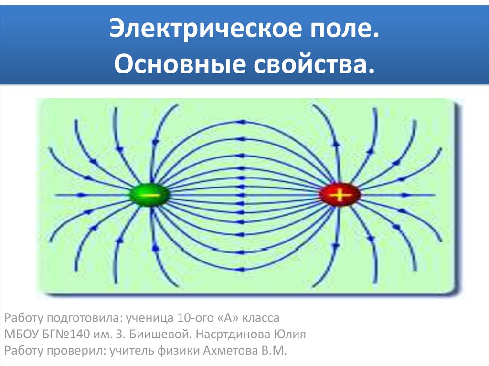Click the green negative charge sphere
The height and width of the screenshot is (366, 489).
click(x=149, y=195)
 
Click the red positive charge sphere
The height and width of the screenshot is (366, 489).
click(x=340, y=195)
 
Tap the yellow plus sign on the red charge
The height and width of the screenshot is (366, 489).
click(x=340, y=195)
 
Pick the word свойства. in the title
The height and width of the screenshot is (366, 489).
click(x=314, y=64)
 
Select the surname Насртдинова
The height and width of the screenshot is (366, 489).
click(x=233, y=335)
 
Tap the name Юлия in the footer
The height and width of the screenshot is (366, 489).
click(x=290, y=334)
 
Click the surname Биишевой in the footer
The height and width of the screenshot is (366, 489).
click(x=158, y=334)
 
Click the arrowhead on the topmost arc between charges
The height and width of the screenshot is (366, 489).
click(x=242, y=122)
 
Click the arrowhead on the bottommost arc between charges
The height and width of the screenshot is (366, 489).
click(x=242, y=269)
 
